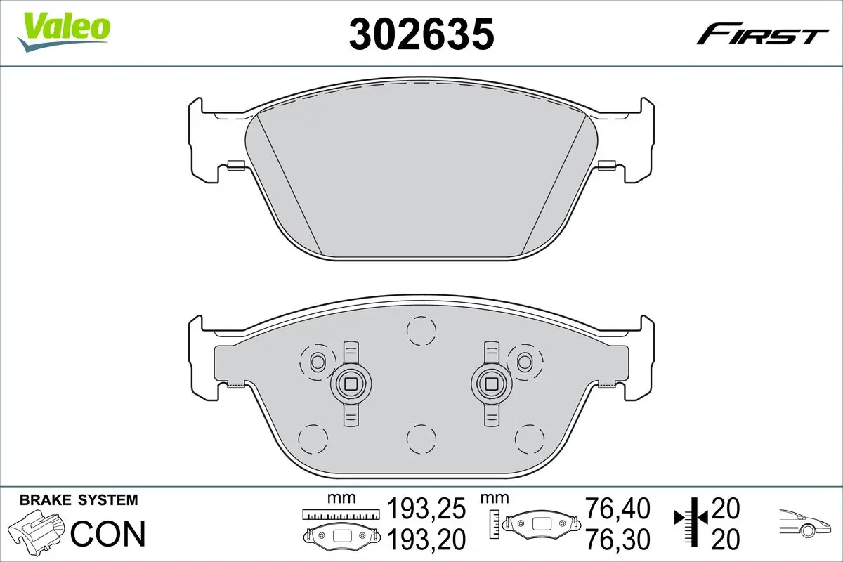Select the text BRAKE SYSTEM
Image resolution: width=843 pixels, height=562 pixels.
tap(79, 500)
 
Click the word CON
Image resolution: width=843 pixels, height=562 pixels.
tap(109, 534)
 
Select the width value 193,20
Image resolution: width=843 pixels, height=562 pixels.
tap(427, 540)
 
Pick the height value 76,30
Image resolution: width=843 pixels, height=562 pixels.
tap(618, 540)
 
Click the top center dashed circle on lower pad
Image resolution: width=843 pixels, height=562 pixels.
tap(421, 330)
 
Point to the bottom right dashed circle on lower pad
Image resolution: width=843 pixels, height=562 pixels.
tap(530, 440)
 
